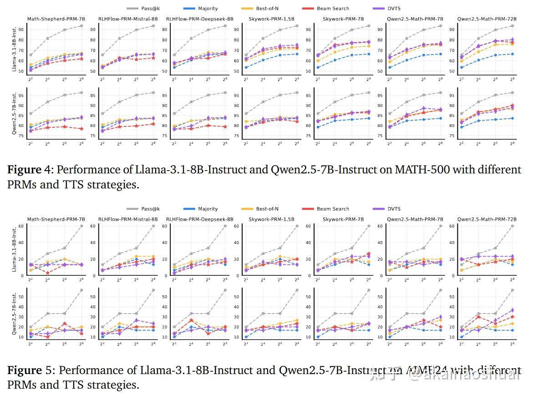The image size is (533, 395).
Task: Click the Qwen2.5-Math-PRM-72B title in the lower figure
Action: (x=487, y=219)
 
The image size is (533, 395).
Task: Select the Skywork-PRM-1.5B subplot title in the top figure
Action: (x=271, y=19)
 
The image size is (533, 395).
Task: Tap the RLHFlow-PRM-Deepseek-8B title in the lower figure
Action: (x=199, y=219)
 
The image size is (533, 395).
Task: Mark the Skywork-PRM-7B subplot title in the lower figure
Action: (x=343, y=219)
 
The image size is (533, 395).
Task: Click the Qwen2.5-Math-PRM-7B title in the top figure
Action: (x=415, y=19)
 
